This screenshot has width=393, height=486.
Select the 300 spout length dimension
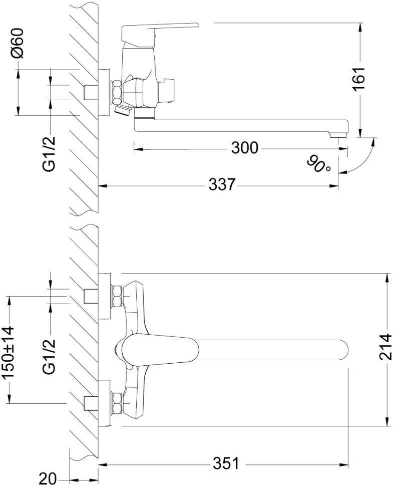(x=245, y=149)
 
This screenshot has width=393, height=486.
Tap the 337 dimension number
(x=222, y=185)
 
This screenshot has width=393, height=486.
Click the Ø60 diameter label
(x=19, y=44)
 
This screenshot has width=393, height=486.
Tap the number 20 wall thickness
(x=49, y=478)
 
